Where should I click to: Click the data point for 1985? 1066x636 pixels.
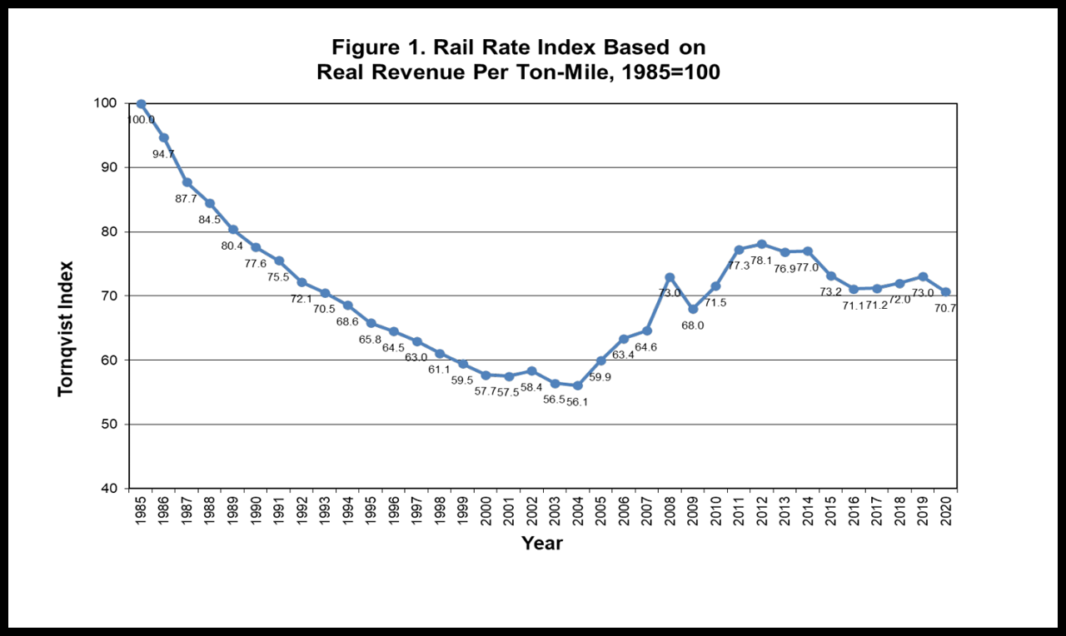tap(141, 104)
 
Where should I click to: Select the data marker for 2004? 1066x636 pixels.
tap(577, 385)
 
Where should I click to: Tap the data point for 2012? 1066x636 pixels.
tap(761, 244)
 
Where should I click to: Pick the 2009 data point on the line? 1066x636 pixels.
tap(693, 309)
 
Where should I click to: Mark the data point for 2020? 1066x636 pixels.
tap(945, 292)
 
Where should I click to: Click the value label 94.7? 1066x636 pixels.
tap(163, 154)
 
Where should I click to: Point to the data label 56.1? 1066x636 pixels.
tap(577, 402)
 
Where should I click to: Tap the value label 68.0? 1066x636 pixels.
tap(693, 325)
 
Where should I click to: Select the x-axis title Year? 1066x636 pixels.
tap(542, 544)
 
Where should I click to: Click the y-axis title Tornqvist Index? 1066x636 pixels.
tap(66, 329)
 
